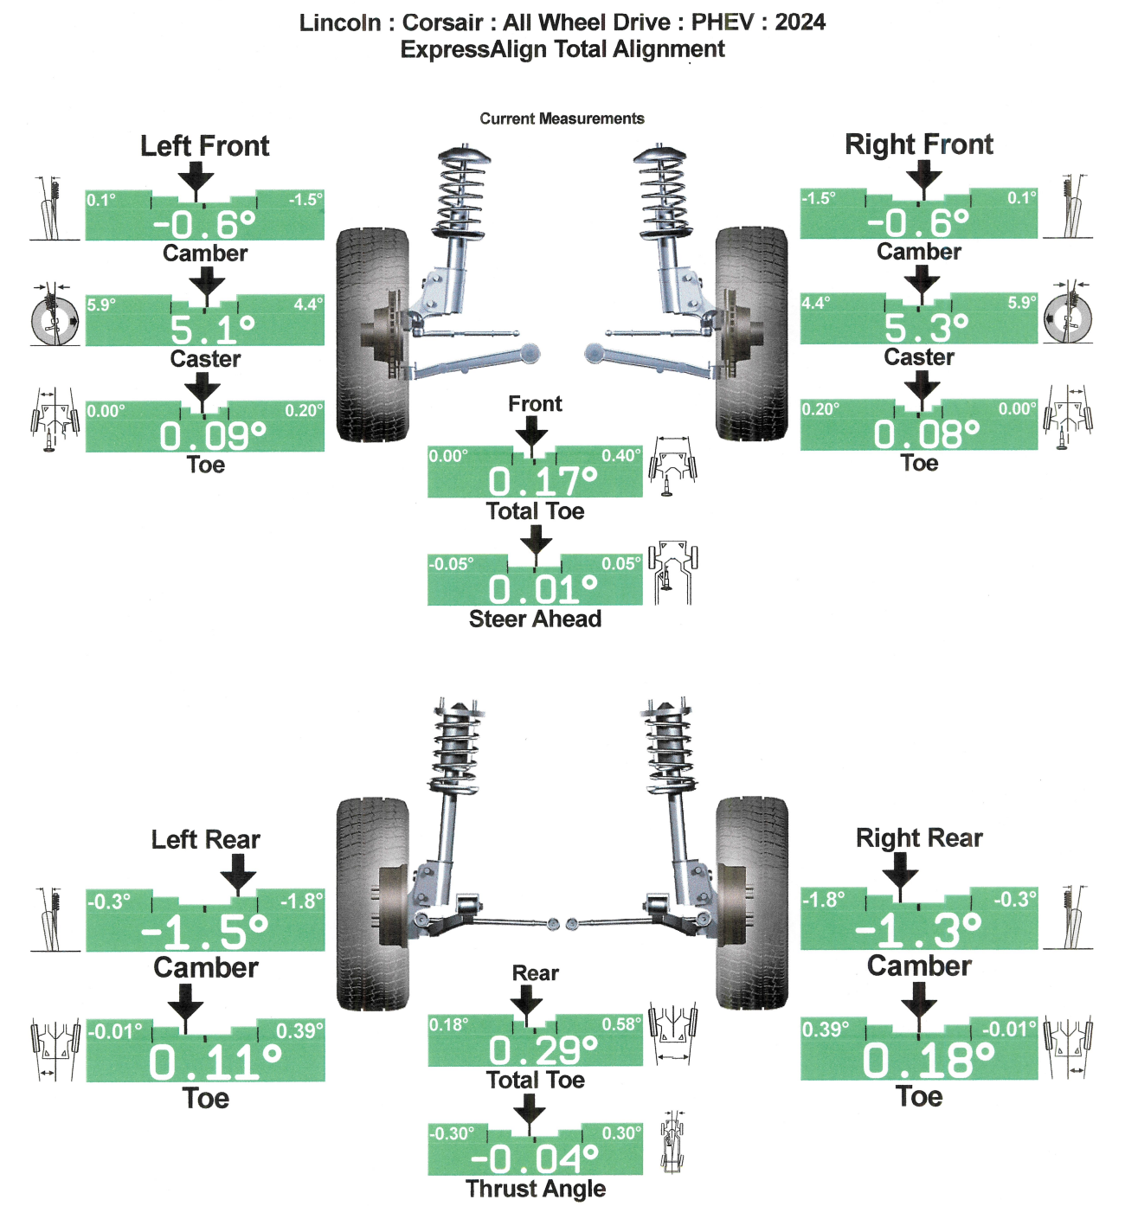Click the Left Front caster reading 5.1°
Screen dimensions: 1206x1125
(212, 330)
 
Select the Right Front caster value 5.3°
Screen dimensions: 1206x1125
(925, 328)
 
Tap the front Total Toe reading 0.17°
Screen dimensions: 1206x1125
(542, 481)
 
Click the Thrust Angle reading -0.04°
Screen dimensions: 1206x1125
(534, 1158)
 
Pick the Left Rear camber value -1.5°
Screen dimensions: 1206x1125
(205, 932)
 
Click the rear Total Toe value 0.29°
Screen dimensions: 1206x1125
(543, 1050)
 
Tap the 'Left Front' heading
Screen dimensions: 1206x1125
(205, 146)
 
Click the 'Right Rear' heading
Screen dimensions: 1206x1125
(919, 837)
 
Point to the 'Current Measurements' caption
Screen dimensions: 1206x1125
(562, 119)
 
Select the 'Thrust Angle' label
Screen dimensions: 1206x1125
(535, 1189)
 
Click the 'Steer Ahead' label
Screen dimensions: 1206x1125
(535, 619)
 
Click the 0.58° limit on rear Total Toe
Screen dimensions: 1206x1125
(620, 1025)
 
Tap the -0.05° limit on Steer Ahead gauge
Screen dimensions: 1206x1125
(452, 564)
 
